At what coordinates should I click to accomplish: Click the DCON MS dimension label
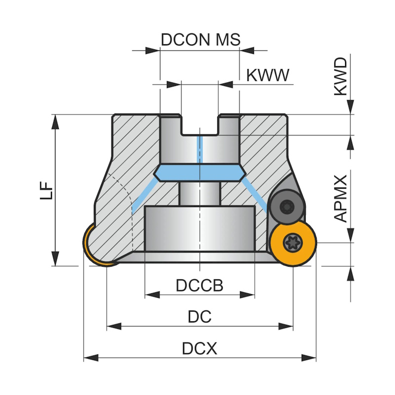click(x=200, y=39)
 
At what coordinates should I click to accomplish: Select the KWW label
click(x=267, y=76)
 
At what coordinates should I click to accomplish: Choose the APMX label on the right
click(x=340, y=197)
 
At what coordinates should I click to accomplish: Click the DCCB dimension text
click(x=199, y=285)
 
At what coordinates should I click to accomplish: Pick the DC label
click(x=199, y=316)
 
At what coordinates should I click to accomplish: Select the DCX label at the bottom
click(x=199, y=349)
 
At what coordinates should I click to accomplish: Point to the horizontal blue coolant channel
click(x=199, y=172)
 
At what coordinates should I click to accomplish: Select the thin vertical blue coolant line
click(x=199, y=148)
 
